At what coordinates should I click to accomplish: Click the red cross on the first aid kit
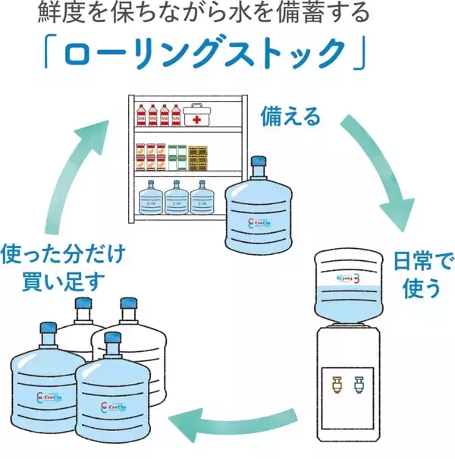[x=197, y=120]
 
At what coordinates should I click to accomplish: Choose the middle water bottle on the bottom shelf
[x=176, y=199]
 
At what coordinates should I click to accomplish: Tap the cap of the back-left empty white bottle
[x=82, y=303]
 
